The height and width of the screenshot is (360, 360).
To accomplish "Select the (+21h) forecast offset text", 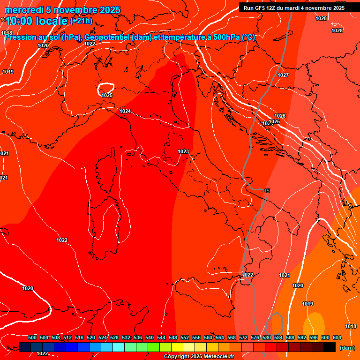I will pos(82,22).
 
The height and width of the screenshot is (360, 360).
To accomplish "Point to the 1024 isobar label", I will pos(125,111).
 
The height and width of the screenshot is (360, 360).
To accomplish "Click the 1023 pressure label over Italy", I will pos(183,151).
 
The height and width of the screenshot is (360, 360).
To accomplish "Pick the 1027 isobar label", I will pos(283,75).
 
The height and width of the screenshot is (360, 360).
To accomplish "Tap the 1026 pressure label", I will pos(280,116).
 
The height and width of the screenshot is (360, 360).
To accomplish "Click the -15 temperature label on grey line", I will pos(266,191).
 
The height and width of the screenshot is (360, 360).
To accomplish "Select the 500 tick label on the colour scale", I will pos(32,337).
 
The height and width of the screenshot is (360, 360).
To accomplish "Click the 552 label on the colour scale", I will pos(185,337).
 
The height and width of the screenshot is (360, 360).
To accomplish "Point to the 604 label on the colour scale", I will pos(337,337).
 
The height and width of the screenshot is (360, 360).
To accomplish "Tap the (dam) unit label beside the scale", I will pos(346,348).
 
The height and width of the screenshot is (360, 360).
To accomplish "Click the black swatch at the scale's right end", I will pos(330,347).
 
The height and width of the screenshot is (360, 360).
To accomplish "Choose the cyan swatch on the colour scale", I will pos(119,347).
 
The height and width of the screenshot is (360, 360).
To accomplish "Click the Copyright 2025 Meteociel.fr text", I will pos(199,357).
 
